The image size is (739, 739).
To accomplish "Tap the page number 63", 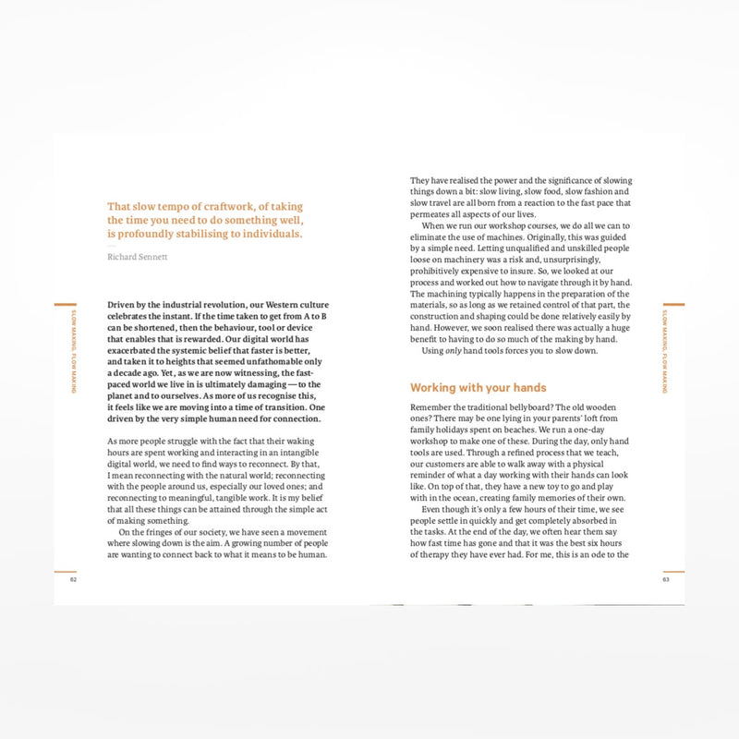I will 665,580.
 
